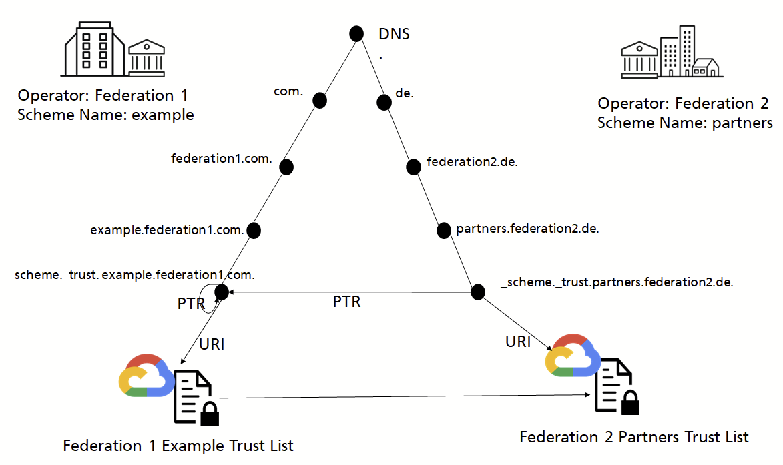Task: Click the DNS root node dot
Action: point(356,33)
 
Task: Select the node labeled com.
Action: point(320,100)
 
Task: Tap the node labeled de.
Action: point(384,102)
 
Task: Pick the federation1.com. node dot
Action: point(286,167)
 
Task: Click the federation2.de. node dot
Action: point(414,166)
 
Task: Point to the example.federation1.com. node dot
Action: point(254,230)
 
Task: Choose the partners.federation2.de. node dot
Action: point(444,230)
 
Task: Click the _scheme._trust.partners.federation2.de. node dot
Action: point(477,292)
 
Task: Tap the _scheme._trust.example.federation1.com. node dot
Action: point(222,291)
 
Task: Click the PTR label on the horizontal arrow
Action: point(346,302)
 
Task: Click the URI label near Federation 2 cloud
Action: point(518,342)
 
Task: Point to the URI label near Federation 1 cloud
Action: point(212,344)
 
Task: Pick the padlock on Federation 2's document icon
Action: point(629,402)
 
